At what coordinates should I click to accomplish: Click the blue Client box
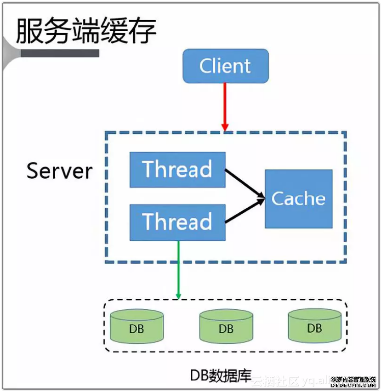[225, 66]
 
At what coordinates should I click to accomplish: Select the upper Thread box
[177, 170]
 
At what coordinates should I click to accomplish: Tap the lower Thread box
[177, 222]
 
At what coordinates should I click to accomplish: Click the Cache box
[298, 199]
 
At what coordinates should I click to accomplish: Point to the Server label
[59, 171]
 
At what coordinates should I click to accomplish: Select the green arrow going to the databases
[178, 268]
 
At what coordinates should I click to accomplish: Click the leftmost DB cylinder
[136, 327]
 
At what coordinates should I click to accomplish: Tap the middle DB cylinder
[226, 327]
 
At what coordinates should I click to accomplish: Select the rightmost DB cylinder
[315, 326]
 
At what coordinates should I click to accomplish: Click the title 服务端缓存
[86, 31]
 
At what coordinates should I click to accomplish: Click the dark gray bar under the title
[60, 53]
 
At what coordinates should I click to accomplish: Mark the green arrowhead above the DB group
[178, 295]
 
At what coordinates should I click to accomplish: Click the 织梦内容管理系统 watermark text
[353, 379]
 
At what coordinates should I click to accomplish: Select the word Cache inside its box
[298, 199]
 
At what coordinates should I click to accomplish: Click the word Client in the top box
[225, 66]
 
